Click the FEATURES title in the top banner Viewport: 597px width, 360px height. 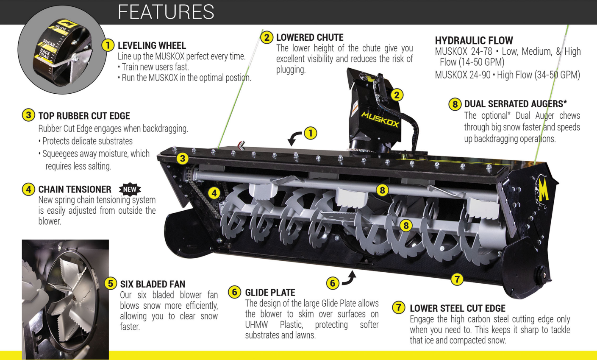[x=166, y=12]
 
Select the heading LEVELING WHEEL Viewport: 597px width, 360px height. [x=152, y=45]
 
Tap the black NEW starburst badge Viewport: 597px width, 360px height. [x=130, y=189]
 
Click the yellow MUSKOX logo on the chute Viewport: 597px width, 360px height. [x=380, y=119]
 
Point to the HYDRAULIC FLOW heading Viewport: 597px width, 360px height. [x=474, y=41]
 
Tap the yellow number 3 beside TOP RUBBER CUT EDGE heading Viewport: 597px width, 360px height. [x=28, y=115]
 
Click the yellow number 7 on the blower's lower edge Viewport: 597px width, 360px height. [x=457, y=279]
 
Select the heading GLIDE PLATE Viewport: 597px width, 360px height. [x=270, y=293]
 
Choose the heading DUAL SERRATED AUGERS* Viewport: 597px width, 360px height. [x=515, y=104]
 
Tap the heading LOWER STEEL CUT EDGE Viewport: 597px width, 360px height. [x=457, y=308]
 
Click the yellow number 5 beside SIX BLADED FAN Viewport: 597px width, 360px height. [x=111, y=283]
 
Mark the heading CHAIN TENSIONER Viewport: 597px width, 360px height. [x=75, y=190]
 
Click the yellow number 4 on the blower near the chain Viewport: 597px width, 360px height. [x=214, y=193]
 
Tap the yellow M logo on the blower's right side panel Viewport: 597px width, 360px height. [x=543, y=190]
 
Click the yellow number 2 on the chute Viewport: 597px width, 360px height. [x=397, y=95]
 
